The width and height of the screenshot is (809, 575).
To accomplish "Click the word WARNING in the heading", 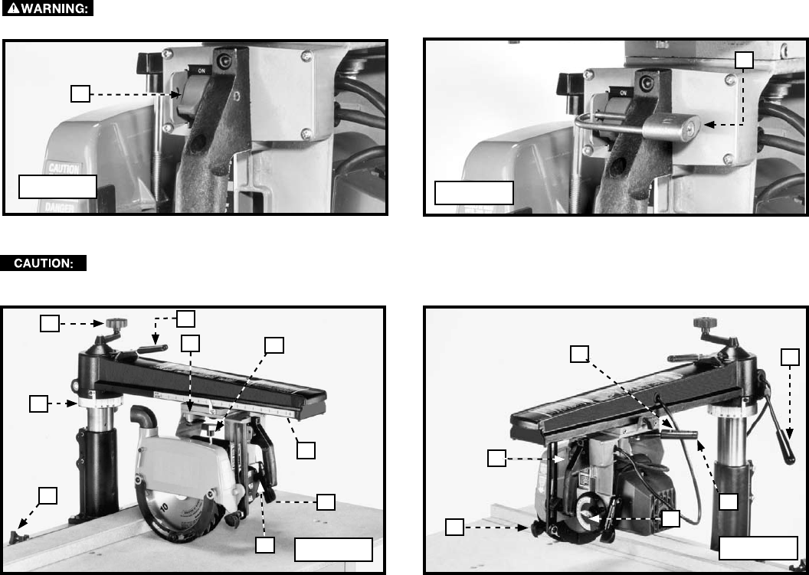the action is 54,8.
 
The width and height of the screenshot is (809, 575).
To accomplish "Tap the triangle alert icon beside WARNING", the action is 14,8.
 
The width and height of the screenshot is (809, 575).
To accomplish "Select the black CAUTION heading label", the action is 44,263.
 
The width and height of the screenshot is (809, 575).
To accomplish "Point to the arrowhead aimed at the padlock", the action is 709,124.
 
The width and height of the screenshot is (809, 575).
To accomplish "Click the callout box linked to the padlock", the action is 744,60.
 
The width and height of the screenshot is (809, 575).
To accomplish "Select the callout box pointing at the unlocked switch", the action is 80,94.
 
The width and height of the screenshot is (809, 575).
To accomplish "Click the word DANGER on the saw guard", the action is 59,207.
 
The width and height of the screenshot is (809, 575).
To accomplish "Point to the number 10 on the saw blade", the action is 164,507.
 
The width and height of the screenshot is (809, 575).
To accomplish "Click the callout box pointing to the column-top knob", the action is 50,323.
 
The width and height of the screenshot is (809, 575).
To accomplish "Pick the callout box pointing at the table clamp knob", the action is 48,495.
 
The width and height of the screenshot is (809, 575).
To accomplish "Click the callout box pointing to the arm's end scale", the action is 306,450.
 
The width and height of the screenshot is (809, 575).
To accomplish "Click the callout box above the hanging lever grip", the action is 791,357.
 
